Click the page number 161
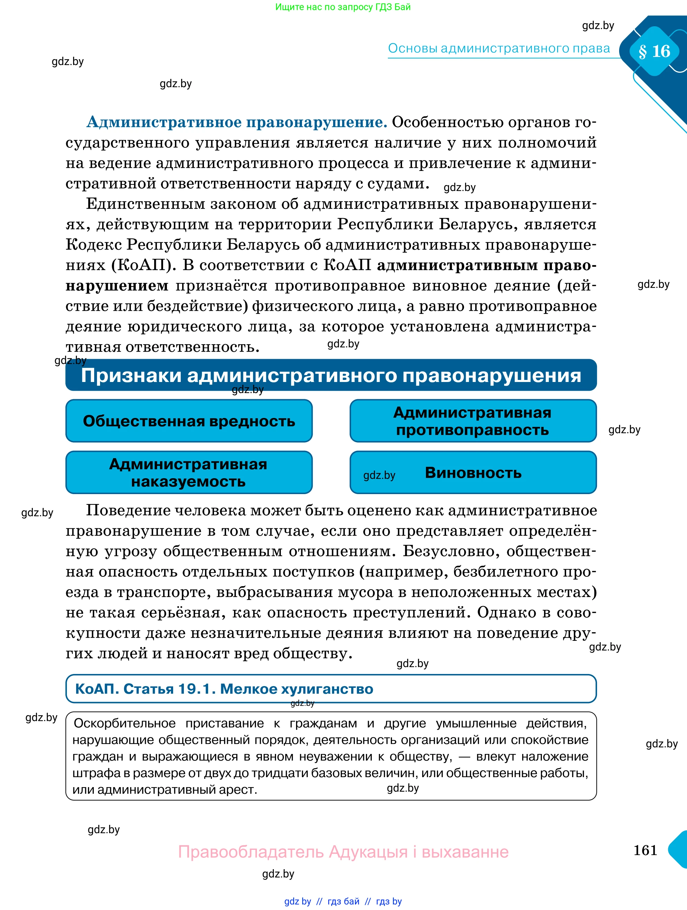click(645, 850)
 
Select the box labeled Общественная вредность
click(189, 421)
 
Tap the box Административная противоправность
click(473, 421)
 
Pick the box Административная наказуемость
click(189, 472)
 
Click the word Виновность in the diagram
click(473, 473)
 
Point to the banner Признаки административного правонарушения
click(331, 375)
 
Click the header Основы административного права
click(499, 48)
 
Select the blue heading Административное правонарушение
click(237, 122)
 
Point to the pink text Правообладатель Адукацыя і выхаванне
click(343, 852)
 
